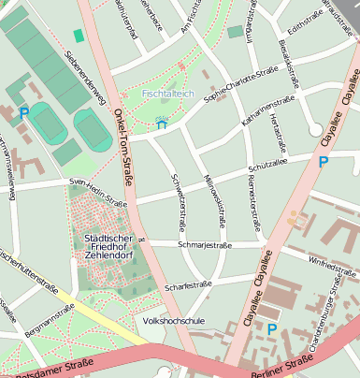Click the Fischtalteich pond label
pos(167,94)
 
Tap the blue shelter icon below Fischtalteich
pos(162,123)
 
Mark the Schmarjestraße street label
pos(204,245)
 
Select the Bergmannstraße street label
pos(49,316)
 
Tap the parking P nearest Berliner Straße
pos(272,328)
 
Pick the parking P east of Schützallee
pos(324,162)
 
